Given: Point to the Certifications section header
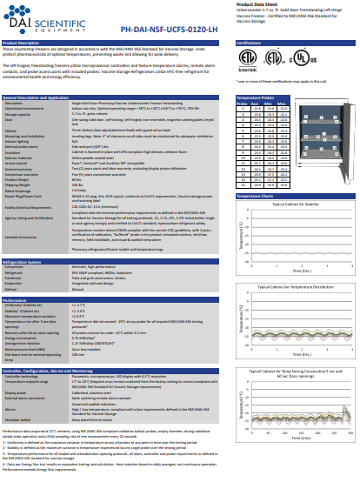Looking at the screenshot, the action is pos(251,42).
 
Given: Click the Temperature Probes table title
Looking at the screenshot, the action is pos(258,99).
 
